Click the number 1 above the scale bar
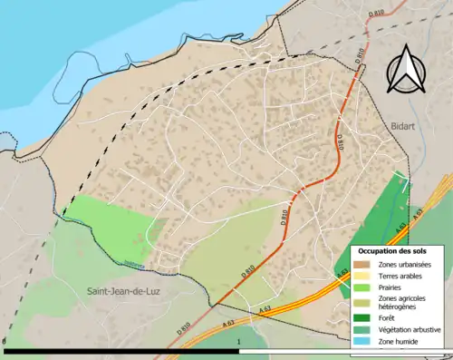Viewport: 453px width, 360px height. point(237,342)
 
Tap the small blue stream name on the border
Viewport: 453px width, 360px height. point(133,265)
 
